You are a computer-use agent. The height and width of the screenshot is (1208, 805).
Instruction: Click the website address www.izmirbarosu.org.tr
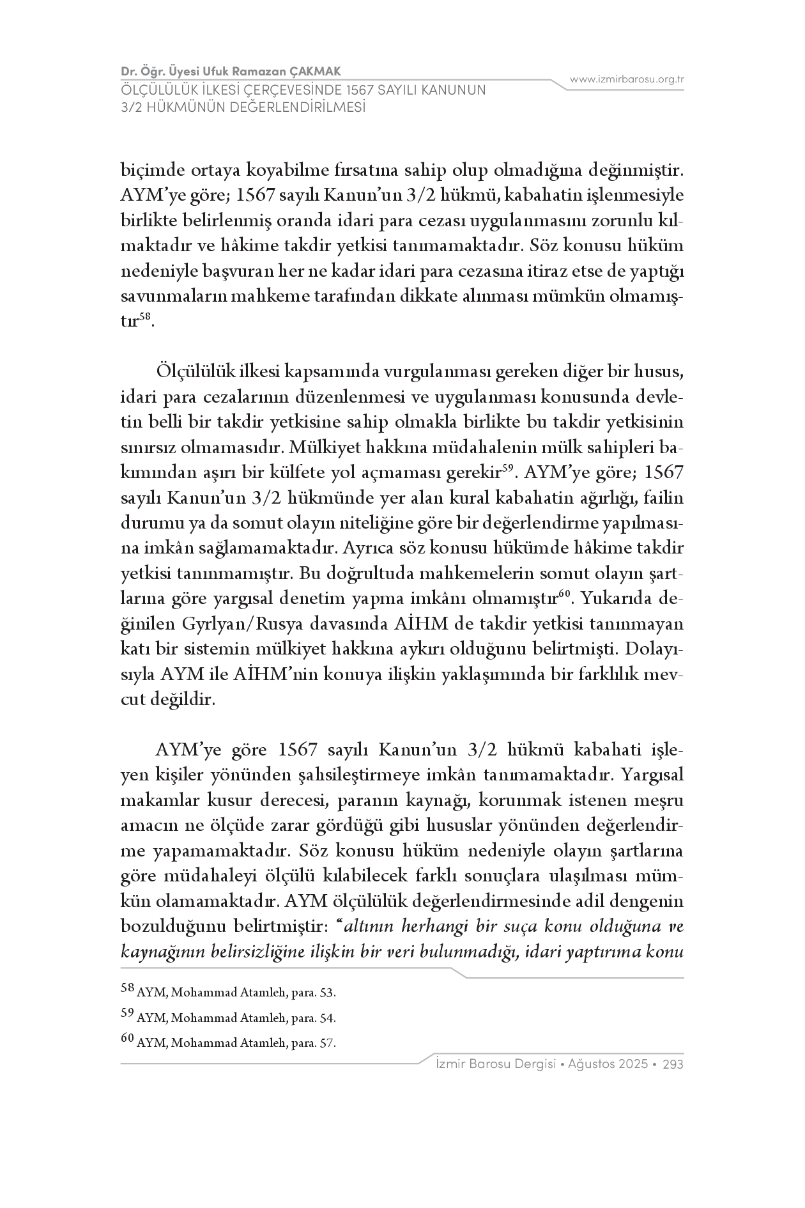click(627, 80)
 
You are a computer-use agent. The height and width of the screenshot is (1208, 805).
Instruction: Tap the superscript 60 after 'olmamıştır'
click(564, 594)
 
